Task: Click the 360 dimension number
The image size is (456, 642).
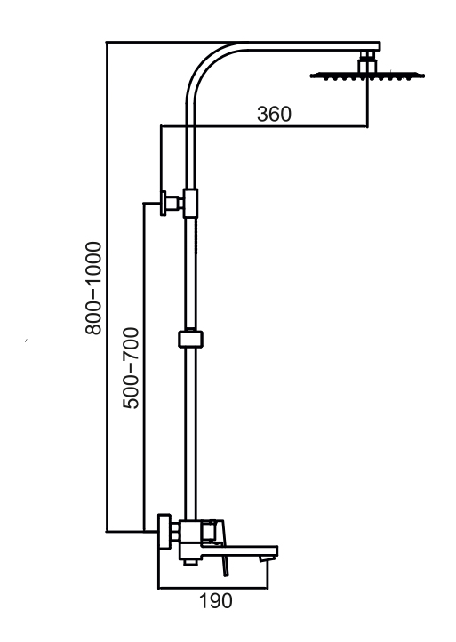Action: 274,114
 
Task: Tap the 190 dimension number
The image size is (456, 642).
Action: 215,600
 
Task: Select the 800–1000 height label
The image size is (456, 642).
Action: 93,288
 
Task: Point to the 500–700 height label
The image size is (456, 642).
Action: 131,368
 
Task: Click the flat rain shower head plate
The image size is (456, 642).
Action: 367,76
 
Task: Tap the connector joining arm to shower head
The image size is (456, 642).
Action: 367,62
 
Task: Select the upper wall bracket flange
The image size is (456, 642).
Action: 164,203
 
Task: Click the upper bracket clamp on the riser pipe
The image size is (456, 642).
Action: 190,203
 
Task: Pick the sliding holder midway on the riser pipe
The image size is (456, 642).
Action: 190,339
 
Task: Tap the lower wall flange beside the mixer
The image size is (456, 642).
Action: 164,532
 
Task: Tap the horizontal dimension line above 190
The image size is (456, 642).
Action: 212,589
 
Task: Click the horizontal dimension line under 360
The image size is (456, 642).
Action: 264,126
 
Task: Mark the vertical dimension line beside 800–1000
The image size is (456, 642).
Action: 107,286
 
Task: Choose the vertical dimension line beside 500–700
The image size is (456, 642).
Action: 144,367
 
